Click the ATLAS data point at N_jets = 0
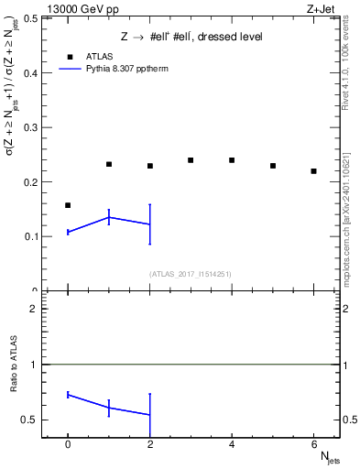coord(68,205)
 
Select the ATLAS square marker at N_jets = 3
coord(191,160)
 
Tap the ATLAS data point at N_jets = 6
coord(313,171)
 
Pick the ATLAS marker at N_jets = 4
coord(232,160)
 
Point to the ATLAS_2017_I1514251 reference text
coord(191,274)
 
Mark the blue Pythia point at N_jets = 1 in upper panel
coord(109,217)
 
